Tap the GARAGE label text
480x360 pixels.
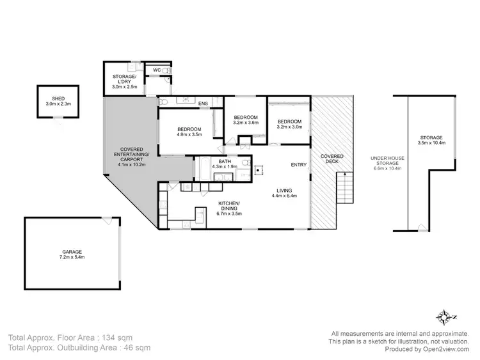pyautogui.click(x=72, y=252)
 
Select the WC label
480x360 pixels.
pyautogui.click(x=156, y=70)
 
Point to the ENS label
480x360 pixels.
pyautogui.click(x=203, y=104)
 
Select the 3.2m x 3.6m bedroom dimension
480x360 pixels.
pyautogui.click(x=245, y=123)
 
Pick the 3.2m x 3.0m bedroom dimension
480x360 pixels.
pyautogui.click(x=289, y=127)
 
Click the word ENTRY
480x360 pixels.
pyautogui.click(x=299, y=165)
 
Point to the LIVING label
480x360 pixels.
pyautogui.click(x=285, y=191)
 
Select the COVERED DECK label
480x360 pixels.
pyautogui.click(x=332, y=159)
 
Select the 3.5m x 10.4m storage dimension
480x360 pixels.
pyautogui.click(x=431, y=143)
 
